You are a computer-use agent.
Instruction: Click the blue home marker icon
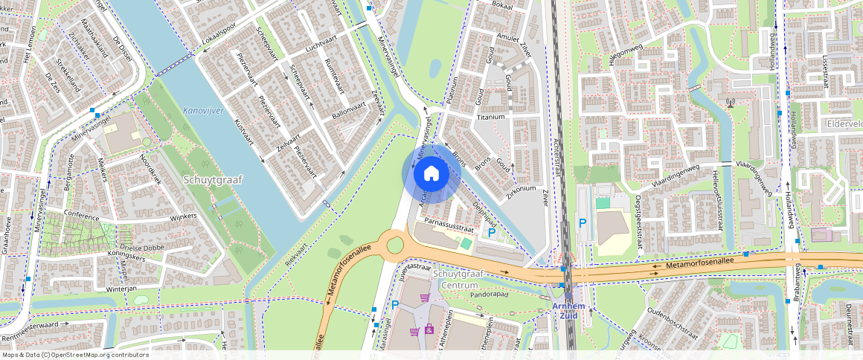coord(431,173)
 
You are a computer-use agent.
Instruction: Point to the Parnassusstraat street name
coord(449,221)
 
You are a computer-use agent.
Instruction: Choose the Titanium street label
coord(491,117)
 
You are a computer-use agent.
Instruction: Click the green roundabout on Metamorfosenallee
coord(394,244)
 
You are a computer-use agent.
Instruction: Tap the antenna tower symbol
coord(731,102)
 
